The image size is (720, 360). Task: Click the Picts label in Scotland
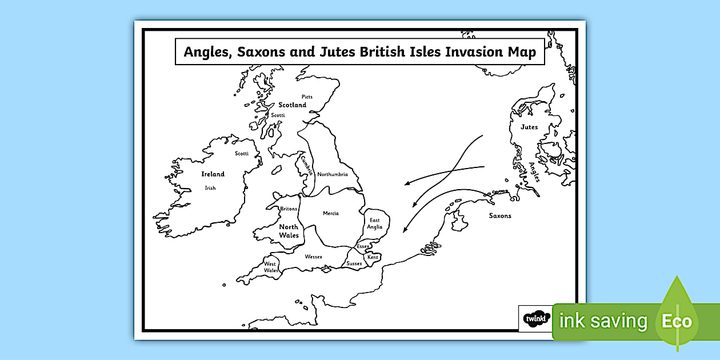(307, 97)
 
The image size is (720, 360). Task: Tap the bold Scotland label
(293, 105)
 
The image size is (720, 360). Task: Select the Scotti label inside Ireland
(242, 153)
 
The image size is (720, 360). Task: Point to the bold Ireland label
(213, 174)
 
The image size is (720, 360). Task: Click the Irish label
(210, 188)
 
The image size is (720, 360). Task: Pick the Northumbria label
(333, 174)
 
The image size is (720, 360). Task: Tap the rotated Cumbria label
(307, 165)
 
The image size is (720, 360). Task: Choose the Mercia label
(331, 214)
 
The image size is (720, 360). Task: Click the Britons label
(289, 209)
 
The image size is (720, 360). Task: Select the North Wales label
(289, 231)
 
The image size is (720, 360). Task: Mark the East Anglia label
(375, 223)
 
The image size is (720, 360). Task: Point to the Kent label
(373, 257)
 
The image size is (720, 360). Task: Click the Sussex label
(354, 263)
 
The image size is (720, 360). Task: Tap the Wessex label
(314, 257)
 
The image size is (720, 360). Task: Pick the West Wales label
(271, 267)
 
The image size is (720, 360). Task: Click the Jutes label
(529, 127)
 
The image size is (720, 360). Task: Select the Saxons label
(500, 216)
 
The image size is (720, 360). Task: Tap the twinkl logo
(535, 318)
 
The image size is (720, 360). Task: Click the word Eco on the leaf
(677, 321)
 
